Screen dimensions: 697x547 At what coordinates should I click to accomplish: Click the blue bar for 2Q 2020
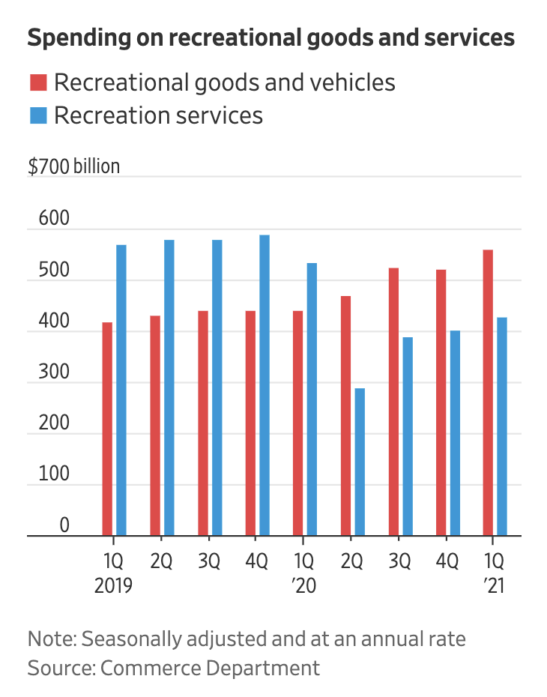point(360,462)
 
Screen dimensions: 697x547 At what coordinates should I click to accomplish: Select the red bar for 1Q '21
point(488,393)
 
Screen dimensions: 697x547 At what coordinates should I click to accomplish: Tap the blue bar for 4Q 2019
point(265,385)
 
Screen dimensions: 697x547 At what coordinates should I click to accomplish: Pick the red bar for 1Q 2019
point(107,429)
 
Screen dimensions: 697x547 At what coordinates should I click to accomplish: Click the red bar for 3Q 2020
point(393,402)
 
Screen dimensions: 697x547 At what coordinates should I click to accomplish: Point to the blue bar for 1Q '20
point(312,399)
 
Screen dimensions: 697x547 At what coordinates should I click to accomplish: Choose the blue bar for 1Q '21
point(502,426)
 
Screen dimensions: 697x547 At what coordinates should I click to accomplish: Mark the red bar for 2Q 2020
point(345,416)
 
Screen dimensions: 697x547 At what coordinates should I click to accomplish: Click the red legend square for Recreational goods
point(37,82)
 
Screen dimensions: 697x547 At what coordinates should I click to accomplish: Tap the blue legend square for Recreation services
point(37,115)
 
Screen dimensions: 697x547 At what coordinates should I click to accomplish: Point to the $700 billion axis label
point(73,166)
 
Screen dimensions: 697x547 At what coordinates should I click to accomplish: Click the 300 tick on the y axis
point(49,372)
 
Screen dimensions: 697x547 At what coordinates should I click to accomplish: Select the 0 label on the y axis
point(64,525)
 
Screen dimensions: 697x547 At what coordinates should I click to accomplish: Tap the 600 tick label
point(49,220)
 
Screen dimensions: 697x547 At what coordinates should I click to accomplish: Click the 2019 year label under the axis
point(113,585)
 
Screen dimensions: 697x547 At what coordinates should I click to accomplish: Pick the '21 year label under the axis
point(492,585)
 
